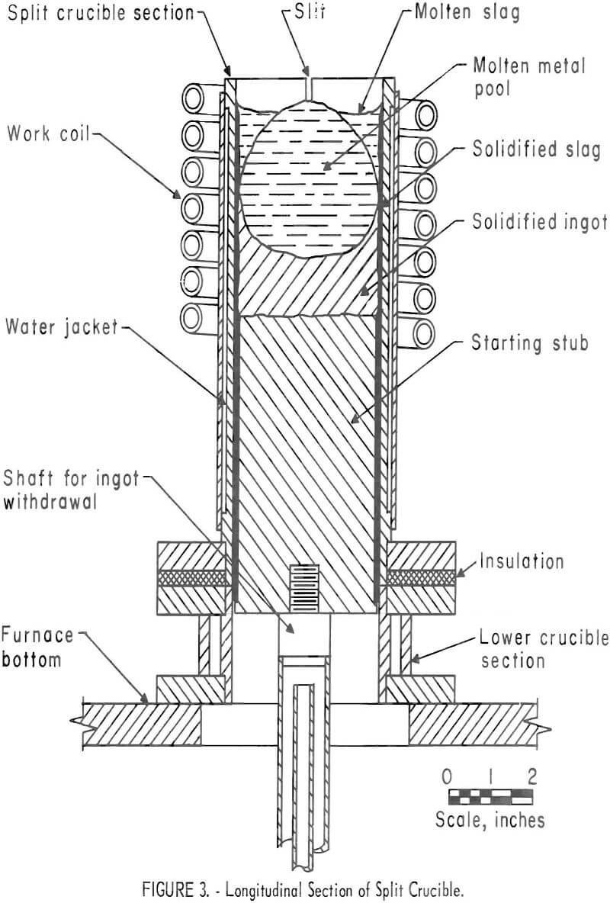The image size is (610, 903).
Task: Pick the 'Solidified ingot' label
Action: (x=539, y=222)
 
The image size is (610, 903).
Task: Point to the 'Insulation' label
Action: (x=522, y=561)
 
